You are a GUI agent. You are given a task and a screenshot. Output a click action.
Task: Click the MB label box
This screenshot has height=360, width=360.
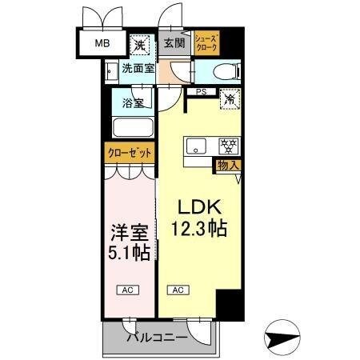tap(103, 42)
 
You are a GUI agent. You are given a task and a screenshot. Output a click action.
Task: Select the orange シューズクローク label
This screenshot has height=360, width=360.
tap(205, 42)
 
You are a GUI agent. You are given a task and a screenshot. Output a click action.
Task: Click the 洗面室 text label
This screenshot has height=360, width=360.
tap(138, 70)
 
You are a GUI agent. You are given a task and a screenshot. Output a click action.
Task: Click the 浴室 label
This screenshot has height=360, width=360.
tap(133, 102)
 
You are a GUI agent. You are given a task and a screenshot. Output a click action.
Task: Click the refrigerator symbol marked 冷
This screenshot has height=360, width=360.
tap(230, 101)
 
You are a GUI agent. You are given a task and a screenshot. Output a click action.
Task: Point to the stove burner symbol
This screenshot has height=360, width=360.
tap(229, 146)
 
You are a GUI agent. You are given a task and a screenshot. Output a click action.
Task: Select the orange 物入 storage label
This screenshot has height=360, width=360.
tap(228, 166)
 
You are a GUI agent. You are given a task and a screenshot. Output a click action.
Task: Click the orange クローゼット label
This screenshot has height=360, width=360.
tap(129, 152)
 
